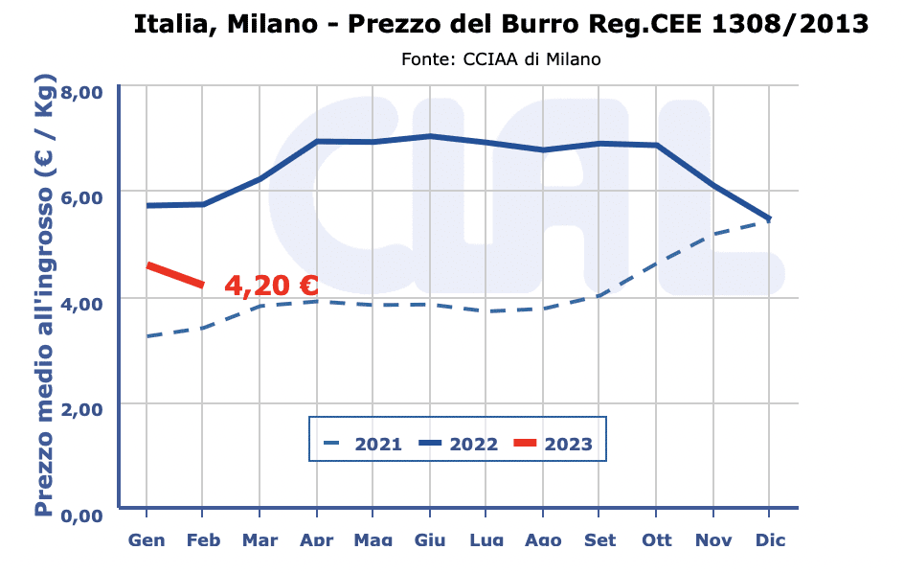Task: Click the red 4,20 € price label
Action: (x=271, y=286)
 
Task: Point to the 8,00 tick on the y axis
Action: (x=81, y=92)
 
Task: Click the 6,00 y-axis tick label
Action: (x=81, y=197)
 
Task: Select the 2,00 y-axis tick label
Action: (x=81, y=409)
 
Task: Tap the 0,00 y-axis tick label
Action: (x=81, y=516)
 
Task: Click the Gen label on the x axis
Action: (x=147, y=540)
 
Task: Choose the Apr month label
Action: (x=316, y=540)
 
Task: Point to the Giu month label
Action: (x=430, y=540)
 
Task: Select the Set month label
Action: (x=599, y=540)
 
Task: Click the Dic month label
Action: (x=769, y=540)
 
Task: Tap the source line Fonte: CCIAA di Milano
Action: (x=501, y=59)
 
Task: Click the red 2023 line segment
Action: (x=174, y=274)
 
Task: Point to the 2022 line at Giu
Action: (x=430, y=136)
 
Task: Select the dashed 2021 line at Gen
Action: (x=147, y=336)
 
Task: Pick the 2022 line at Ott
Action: (x=656, y=146)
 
